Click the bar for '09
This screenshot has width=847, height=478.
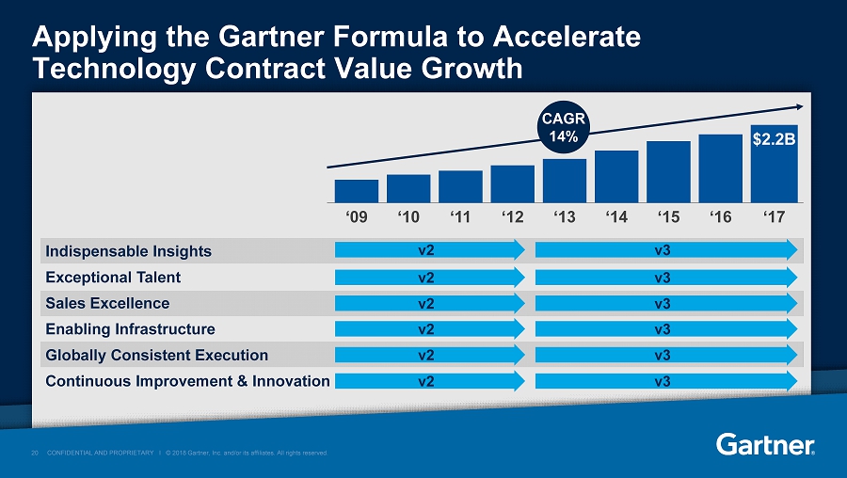[x=357, y=191]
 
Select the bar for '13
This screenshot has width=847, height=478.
[x=565, y=181]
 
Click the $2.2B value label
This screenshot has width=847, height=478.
[x=774, y=139]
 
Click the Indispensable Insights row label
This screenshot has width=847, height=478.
[x=127, y=251]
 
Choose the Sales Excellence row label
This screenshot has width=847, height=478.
[x=106, y=303]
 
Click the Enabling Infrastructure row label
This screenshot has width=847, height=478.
[x=129, y=329]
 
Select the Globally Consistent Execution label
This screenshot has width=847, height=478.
[x=156, y=355]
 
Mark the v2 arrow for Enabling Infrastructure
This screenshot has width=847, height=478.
[x=429, y=329]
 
